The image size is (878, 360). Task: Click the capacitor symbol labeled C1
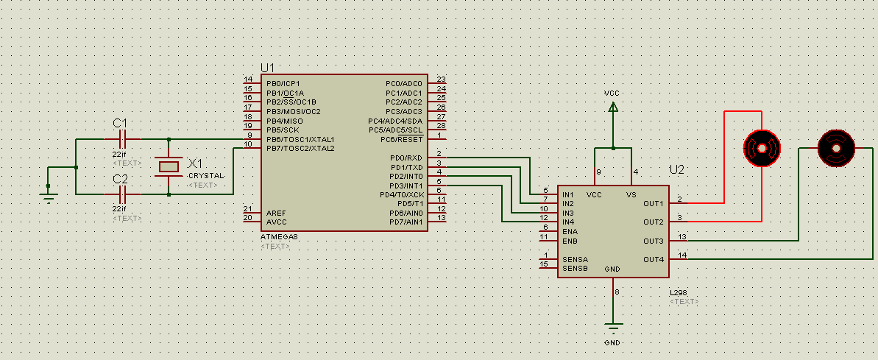click(123, 138)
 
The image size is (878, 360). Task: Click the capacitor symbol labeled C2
click(123, 194)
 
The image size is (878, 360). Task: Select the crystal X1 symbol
click(169, 166)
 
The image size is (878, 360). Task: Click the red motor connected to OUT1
click(761, 147)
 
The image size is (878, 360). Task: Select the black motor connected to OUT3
click(837, 147)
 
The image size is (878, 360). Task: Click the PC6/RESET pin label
click(402, 139)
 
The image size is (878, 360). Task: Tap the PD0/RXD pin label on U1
click(406, 158)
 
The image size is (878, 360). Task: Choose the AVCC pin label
click(277, 222)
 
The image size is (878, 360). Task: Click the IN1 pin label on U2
click(568, 194)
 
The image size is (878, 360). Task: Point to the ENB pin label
click(570, 241)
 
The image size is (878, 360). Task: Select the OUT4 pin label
click(653, 259)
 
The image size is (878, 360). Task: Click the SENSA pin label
click(575, 259)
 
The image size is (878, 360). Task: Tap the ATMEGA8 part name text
click(280, 237)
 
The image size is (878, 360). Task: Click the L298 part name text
click(678, 293)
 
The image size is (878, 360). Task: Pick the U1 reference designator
click(268, 68)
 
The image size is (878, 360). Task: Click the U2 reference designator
click(677, 170)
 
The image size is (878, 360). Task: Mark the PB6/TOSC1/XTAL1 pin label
click(300, 139)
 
